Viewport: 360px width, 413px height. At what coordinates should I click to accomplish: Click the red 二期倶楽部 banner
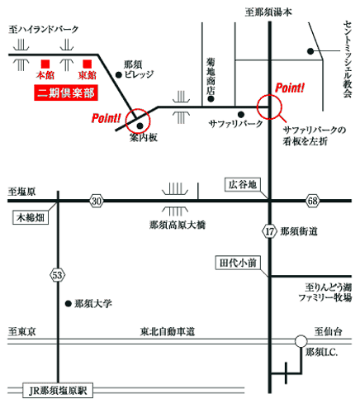click(66, 93)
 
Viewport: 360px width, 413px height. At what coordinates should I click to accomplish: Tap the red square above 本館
click(45, 64)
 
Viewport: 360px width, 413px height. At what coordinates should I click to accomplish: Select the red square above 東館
click(88, 64)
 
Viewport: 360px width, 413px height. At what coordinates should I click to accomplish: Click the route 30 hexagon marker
click(97, 201)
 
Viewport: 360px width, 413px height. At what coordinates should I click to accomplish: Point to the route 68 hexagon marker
click(312, 201)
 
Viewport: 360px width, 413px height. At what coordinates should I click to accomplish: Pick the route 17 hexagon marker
click(269, 232)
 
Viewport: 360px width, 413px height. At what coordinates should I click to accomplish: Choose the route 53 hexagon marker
click(58, 275)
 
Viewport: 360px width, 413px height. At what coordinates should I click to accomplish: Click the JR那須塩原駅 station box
click(58, 391)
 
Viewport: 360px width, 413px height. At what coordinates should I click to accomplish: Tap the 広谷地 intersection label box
click(243, 184)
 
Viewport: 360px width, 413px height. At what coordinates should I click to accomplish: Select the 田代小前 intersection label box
click(238, 263)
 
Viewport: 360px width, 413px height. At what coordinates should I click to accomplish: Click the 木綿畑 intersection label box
click(31, 218)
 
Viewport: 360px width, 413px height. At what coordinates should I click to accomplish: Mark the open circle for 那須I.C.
click(301, 341)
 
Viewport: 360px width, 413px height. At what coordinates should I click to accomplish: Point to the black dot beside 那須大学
click(69, 304)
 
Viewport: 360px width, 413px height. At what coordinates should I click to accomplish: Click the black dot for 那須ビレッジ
click(119, 74)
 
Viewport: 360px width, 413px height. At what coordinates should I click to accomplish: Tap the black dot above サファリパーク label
click(241, 114)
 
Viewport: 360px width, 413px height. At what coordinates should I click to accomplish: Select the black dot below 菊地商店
click(211, 99)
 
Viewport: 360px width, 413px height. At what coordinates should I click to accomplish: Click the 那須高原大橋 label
click(178, 225)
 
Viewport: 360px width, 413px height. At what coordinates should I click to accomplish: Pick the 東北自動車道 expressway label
click(168, 331)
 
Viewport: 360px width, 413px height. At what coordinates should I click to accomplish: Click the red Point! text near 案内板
click(106, 118)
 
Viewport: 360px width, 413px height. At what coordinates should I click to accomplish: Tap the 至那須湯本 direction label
click(268, 12)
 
